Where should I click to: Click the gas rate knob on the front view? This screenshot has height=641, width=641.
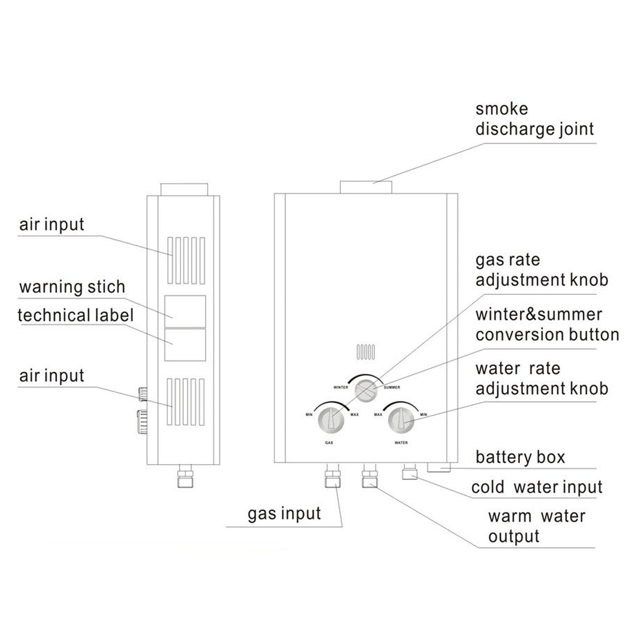click(331, 420)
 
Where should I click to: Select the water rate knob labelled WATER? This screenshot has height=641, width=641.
click(401, 420)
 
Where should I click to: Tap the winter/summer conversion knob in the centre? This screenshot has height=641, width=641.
click(366, 388)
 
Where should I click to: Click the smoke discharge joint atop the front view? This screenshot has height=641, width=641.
click(366, 187)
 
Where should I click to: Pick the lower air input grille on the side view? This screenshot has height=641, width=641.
click(185, 402)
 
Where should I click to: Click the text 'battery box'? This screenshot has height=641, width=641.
click(520, 458)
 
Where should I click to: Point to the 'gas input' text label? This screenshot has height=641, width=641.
click(284, 514)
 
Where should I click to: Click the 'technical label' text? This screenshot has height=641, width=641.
click(76, 315)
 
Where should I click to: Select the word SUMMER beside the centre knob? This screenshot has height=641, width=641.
click(392, 387)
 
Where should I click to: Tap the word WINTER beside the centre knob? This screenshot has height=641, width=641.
click(341, 387)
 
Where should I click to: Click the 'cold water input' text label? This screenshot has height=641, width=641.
click(536, 487)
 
